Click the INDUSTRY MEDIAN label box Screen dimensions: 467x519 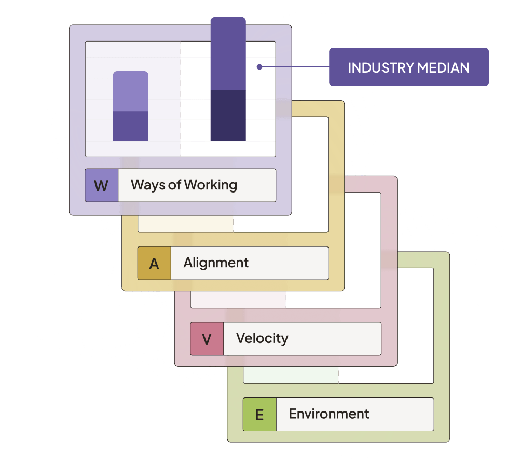tap(409, 67)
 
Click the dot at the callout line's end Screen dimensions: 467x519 tap(259, 66)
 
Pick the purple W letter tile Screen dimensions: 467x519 tap(102, 185)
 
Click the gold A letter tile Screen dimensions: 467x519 tap(154, 263)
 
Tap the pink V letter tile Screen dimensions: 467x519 tap(207, 339)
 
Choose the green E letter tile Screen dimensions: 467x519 tap(259, 414)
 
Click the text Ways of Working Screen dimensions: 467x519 tap(184, 185)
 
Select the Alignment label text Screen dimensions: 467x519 tap(216, 263)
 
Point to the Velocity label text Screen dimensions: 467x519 tap(262, 338)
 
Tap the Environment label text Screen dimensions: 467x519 tap(329, 414)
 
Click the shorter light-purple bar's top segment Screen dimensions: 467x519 tap(131, 91)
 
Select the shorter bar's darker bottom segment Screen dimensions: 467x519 tap(131, 126)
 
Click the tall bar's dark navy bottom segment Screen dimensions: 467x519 tap(228, 115)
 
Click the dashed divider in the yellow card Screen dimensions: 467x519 tap(233, 224)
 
